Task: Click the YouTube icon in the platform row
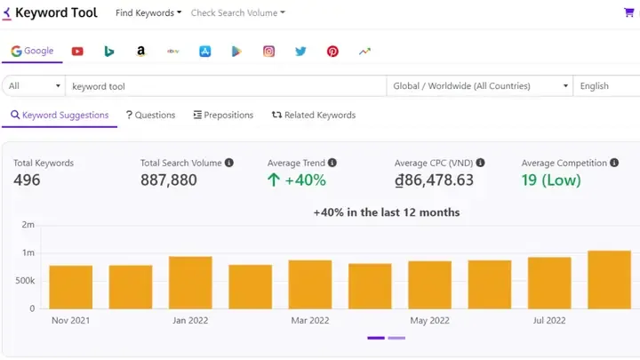click(77, 52)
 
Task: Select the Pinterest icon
click(332, 52)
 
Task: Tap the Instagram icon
click(268, 52)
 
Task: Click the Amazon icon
click(141, 52)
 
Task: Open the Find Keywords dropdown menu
click(148, 13)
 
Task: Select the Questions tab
click(150, 115)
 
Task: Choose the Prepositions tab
click(223, 115)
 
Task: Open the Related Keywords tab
click(314, 115)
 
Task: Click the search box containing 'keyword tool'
click(227, 86)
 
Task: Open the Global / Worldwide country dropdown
click(480, 86)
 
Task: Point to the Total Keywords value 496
click(27, 180)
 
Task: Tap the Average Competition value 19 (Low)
click(551, 180)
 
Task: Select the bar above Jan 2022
click(190, 283)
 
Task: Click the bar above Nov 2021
click(71, 287)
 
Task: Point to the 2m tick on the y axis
click(28, 225)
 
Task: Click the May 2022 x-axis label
click(430, 320)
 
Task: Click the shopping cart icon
click(630, 13)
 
